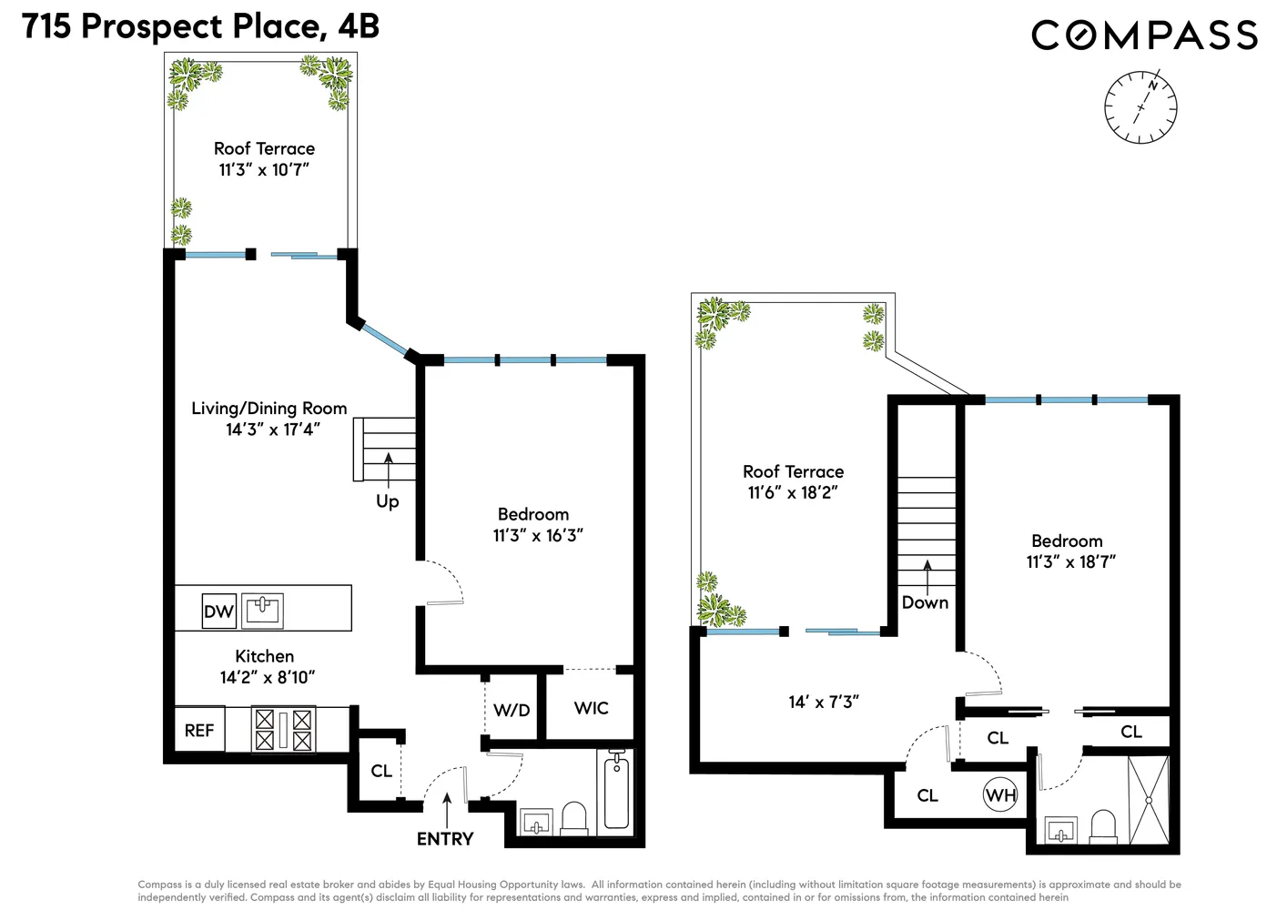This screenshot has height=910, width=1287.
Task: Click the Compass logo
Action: [1144, 35]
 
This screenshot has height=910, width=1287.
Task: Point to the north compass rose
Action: [1140, 106]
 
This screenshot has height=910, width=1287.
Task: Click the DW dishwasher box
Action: [219, 612]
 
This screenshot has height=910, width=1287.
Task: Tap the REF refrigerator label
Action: [199, 731]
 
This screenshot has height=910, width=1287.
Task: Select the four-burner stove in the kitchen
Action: [283, 730]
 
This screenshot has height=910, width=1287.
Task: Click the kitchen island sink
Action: [262, 611]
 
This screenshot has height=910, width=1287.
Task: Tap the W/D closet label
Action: [512, 711]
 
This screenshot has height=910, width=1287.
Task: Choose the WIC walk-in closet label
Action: [592, 708]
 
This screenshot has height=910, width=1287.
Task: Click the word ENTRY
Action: [445, 839]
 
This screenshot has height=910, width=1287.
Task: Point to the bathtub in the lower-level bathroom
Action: [616, 792]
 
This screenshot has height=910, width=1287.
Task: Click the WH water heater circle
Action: [1000, 795]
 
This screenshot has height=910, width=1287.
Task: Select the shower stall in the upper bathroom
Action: [1149, 800]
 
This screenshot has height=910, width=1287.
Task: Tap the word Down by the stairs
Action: [925, 602]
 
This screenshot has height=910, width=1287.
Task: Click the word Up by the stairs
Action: [387, 501]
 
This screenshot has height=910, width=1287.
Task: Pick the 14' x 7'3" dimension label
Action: [824, 702]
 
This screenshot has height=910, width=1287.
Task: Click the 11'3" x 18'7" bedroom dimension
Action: [1071, 561]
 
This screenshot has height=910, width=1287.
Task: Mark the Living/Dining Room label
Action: [269, 409]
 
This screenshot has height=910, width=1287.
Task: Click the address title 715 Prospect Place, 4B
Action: [201, 26]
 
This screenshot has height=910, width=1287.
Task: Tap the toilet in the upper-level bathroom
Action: [1103, 826]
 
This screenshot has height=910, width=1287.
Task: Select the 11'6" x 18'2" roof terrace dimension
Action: [793, 493]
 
